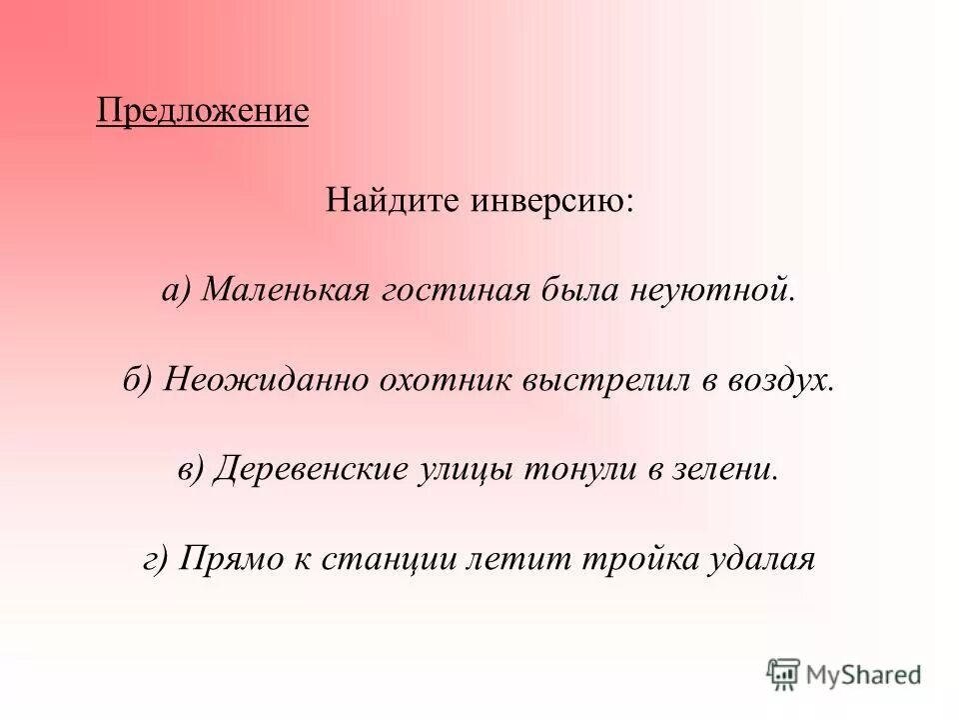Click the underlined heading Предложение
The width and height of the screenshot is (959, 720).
click(x=202, y=109)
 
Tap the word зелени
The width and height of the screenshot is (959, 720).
click(x=722, y=469)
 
